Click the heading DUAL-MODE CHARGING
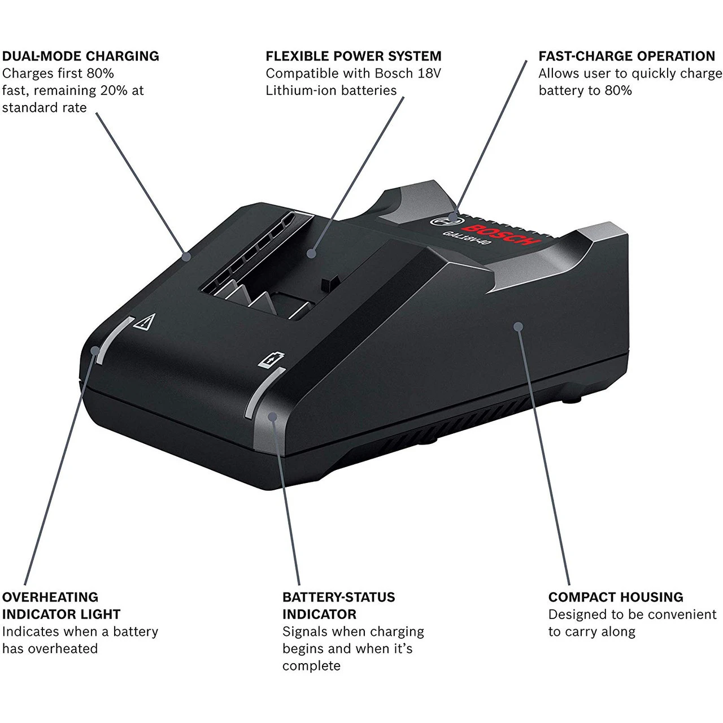click(x=80, y=56)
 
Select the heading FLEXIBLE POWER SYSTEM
click(x=353, y=56)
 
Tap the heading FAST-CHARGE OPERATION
click(x=626, y=56)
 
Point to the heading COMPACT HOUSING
click(x=615, y=597)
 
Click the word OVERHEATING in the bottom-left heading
click(x=50, y=597)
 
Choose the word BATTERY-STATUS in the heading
click(x=338, y=597)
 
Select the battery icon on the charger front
click(x=272, y=360)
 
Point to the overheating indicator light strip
click(x=112, y=340)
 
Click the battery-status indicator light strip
click(x=265, y=393)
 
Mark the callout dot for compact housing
click(x=518, y=326)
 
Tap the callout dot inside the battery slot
click(x=311, y=254)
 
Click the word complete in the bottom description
click(x=311, y=665)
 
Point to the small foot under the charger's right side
click(x=571, y=400)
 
